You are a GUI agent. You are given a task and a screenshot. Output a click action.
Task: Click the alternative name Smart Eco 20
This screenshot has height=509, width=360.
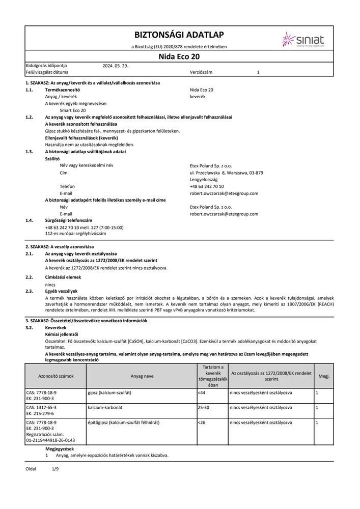click(x=73, y=110)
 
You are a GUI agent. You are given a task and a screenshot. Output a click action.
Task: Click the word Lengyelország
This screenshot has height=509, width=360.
click(x=203, y=180)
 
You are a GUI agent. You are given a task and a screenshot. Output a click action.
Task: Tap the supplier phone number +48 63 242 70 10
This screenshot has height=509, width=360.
click(x=206, y=186)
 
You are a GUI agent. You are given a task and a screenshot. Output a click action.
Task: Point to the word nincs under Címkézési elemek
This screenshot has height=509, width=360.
click(x=50, y=286)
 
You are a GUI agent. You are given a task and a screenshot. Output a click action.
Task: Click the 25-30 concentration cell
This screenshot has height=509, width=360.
click(x=204, y=408)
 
